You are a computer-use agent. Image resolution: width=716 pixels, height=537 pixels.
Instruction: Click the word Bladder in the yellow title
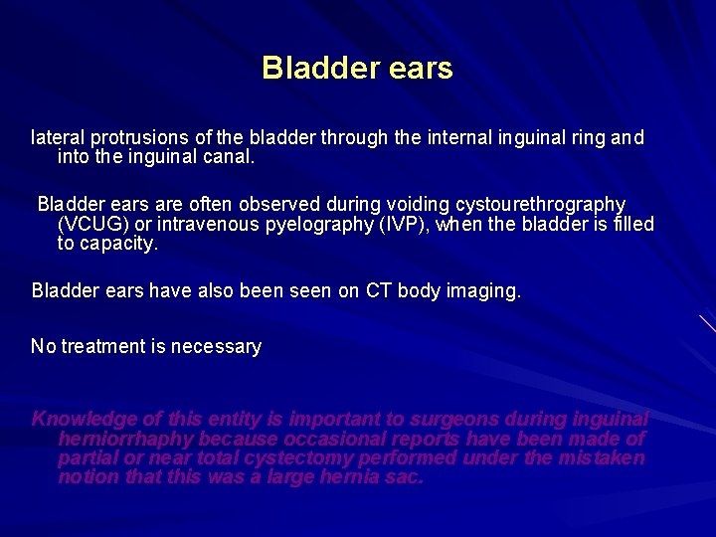click(321, 68)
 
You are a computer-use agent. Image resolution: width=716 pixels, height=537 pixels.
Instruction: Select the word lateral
click(58, 137)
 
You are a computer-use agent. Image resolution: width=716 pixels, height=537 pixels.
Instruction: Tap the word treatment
click(104, 346)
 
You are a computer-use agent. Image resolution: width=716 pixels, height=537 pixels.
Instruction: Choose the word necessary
click(216, 347)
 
